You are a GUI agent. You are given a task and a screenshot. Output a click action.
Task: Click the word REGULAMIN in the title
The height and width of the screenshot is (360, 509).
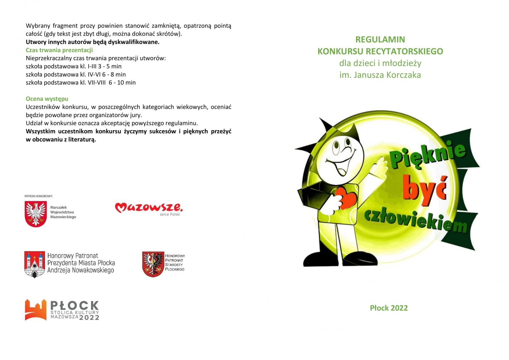380,39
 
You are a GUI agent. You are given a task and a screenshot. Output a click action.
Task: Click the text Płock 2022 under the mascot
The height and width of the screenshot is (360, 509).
388,308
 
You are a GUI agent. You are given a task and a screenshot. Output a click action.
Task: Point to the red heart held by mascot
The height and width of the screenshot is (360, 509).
346,198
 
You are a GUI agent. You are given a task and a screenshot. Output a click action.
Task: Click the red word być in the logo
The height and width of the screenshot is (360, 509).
424,189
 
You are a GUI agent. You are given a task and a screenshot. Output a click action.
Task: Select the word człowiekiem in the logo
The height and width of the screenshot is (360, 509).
415,220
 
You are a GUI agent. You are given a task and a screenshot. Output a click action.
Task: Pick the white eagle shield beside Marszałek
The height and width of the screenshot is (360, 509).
36,214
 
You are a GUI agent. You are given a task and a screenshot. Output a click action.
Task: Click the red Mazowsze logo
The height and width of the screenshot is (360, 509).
149,208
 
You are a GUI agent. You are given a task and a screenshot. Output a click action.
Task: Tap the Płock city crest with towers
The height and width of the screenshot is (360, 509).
34,264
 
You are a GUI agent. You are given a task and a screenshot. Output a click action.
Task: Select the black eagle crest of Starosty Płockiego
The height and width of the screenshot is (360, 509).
153,264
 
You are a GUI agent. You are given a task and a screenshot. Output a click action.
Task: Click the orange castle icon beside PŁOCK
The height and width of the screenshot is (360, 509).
35,310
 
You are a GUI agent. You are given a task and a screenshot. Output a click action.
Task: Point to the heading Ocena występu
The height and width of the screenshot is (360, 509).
47,99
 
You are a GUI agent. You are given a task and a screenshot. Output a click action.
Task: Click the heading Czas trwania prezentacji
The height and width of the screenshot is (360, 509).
59,50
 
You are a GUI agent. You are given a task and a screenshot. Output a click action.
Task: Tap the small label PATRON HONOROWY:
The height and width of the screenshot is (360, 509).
38,196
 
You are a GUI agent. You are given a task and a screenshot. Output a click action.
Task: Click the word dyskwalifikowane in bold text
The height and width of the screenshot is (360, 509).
133,42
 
